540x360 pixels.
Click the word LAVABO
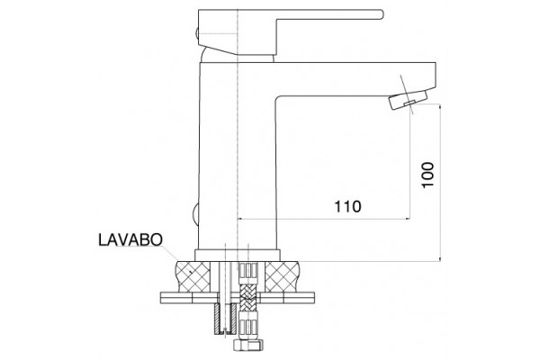tap(130, 239)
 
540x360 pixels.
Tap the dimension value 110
tap(347, 207)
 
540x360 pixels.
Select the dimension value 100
tap(428, 175)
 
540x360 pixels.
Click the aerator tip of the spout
tap(409, 98)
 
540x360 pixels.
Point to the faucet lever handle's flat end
tap(380, 13)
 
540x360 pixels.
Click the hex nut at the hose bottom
tap(247, 345)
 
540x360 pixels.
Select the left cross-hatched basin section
tap(193, 276)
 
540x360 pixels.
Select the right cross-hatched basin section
tap(283, 276)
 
